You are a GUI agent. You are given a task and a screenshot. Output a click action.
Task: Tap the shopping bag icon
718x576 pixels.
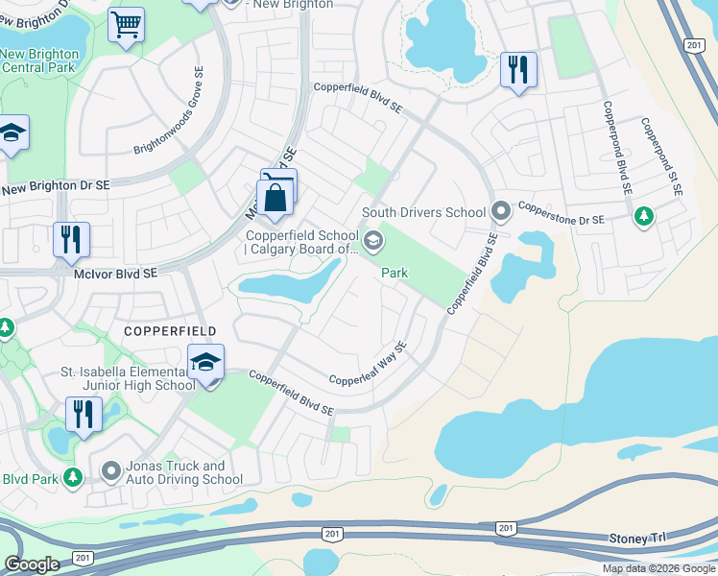(x=275, y=200)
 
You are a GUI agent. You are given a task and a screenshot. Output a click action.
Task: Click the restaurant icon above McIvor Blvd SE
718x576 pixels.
(x=71, y=240)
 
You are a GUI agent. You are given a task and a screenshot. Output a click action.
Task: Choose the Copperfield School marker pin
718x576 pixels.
(x=374, y=238)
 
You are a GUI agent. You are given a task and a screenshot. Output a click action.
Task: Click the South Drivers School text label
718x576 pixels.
(x=423, y=212)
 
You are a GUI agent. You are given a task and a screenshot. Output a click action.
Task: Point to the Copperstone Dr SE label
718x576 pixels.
(x=562, y=212)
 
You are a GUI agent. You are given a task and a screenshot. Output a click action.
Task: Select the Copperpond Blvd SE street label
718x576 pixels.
(x=615, y=149)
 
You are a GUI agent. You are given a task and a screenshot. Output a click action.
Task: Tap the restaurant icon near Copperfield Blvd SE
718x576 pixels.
(x=518, y=69)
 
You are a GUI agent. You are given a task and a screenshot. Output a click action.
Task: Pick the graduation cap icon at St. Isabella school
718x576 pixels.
(x=205, y=364)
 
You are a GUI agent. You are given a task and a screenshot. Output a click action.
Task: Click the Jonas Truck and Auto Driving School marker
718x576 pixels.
(x=110, y=471)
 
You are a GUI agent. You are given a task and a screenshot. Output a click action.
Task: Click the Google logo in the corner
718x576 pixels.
(x=32, y=564)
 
